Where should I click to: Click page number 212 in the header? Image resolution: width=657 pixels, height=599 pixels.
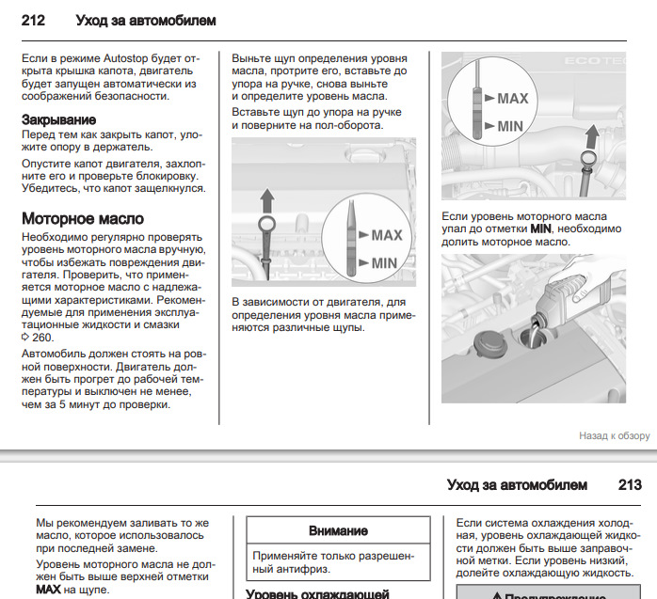click(34, 20)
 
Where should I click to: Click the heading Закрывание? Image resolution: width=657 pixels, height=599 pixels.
click(58, 119)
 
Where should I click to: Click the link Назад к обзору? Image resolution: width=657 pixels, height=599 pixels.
click(615, 436)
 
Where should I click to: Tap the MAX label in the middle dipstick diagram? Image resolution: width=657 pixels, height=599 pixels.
click(387, 235)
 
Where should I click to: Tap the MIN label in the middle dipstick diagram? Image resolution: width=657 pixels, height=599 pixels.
click(385, 263)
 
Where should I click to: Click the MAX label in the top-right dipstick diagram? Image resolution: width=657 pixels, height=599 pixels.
click(513, 98)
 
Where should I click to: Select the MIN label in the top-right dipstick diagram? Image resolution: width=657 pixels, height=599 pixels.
click(511, 125)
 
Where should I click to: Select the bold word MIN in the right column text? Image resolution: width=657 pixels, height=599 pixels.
click(540, 229)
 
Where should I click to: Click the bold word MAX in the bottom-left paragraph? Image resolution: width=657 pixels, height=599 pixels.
click(47, 591)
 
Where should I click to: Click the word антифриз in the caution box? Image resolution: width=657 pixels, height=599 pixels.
click(279, 569)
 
